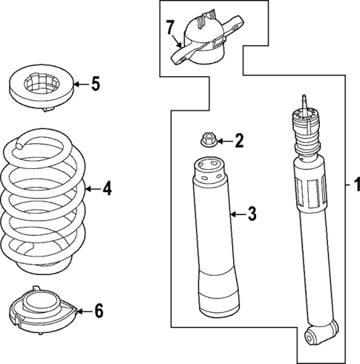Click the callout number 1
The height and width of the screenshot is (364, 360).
[x=356, y=185]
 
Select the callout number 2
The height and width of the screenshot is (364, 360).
[x=238, y=139]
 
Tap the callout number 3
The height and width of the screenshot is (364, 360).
[x=251, y=215]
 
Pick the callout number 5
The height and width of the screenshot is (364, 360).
[x=94, y=84]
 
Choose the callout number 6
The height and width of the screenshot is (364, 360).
[x=97, y=311]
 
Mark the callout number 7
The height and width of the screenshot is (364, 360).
[x=170, y=28]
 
